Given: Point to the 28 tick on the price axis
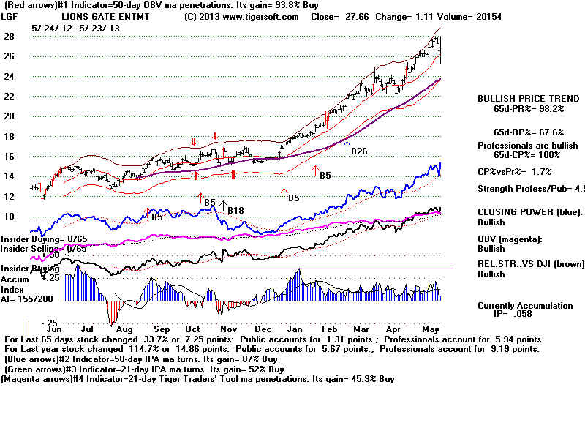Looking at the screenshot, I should click(9, 36).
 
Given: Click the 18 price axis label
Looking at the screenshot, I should click(9, 136).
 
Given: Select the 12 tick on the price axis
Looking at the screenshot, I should click(9, 196).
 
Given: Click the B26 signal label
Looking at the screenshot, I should click(359, 152).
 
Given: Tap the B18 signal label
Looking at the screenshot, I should click(235, 211).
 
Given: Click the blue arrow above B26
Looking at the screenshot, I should click(347, 146).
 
